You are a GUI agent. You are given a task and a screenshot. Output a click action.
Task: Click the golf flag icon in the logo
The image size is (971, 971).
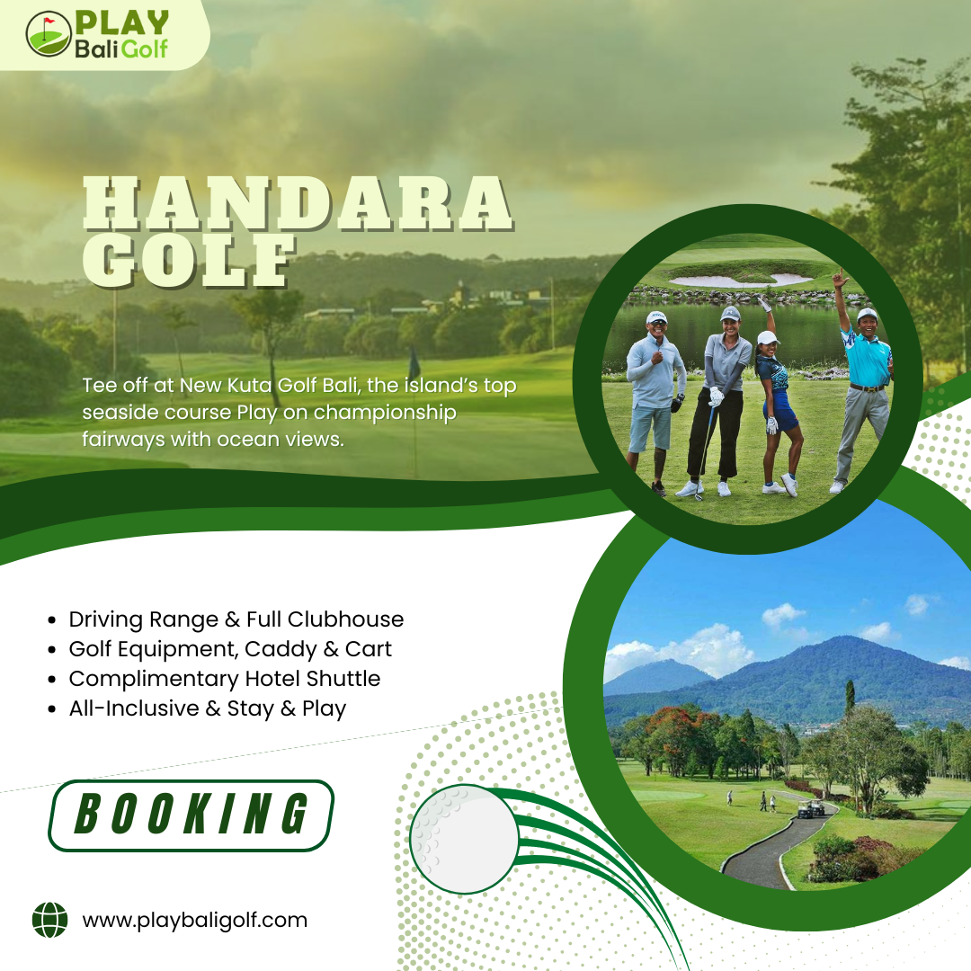49,34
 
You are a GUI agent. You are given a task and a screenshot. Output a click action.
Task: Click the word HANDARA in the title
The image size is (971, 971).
297,203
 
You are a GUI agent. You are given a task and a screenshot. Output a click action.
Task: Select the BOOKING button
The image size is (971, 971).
191,815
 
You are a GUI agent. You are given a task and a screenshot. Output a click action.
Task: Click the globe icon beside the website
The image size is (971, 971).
49,920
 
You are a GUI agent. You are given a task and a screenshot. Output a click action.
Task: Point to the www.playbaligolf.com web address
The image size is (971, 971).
194,920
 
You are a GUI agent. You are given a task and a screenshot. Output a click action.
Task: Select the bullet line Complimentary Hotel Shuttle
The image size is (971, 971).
225,679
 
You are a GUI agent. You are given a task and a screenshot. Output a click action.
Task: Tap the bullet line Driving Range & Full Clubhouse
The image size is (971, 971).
236,619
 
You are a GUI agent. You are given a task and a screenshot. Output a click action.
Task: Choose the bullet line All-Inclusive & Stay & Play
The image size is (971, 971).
207,708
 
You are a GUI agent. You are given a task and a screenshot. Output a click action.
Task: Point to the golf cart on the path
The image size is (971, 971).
811,808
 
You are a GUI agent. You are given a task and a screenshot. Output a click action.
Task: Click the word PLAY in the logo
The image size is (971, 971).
122,24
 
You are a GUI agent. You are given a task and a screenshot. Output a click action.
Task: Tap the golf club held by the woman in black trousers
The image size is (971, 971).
705,450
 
